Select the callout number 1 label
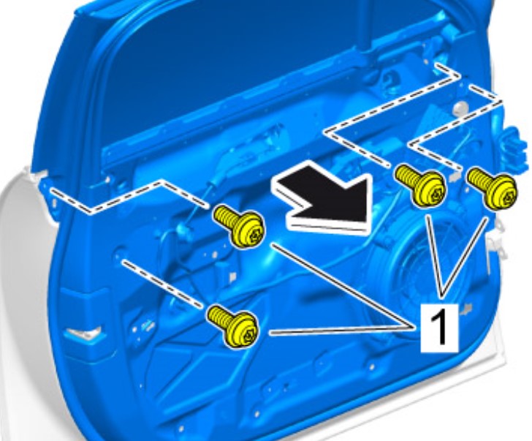(440, 328)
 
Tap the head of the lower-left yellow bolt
(243, 329)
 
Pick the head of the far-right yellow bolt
(501, 192)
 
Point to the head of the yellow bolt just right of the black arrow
(429, 188)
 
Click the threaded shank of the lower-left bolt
(218, 314)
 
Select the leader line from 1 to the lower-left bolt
(342, 330)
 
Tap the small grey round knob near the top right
(460, 108)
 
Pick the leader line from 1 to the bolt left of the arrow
(343, 286)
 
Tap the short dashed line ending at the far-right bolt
(455, 127)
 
